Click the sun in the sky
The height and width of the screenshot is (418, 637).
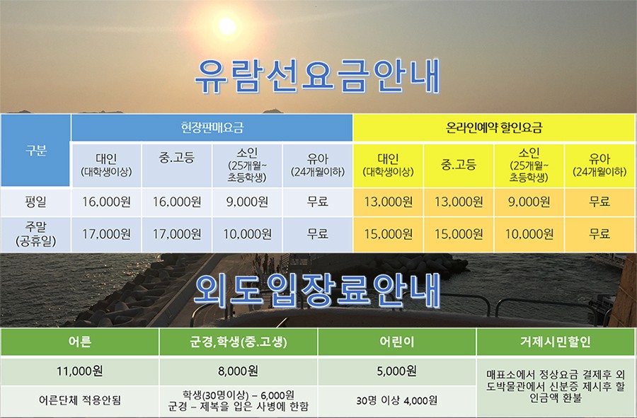pos(227,26)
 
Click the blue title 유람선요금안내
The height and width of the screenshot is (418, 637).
pos(318,76)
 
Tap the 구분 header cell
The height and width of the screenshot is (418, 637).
pos(36,150)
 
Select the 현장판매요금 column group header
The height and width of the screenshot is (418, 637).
pos(212,128)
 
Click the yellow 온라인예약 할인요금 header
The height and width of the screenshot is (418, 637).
pos(493,128)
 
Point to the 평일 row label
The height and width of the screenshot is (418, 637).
pos(36,202)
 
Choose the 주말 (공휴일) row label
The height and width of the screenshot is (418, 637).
pos(36,234)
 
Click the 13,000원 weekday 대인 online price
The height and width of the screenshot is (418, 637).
pos(388,202)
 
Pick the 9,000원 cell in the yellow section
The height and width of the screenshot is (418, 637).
pos(529,202)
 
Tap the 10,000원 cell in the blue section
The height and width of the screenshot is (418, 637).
pos(247,234)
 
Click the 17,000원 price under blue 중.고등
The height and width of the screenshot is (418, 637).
pos(177,234)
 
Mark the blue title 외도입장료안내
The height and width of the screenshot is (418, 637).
pos(318,291)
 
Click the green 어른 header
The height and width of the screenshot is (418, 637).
pos(79,342)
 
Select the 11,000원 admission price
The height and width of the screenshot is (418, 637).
pos(79,371)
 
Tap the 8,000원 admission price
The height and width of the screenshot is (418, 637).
pos(238,371)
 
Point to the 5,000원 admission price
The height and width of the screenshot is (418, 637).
pos(396,371)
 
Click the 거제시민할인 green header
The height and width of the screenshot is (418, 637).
pos(556,342)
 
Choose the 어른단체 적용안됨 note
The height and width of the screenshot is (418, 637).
pos(79,400)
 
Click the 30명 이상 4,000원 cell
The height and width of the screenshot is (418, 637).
pos(396,400)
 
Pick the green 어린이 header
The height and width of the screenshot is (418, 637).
pos(396,342)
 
